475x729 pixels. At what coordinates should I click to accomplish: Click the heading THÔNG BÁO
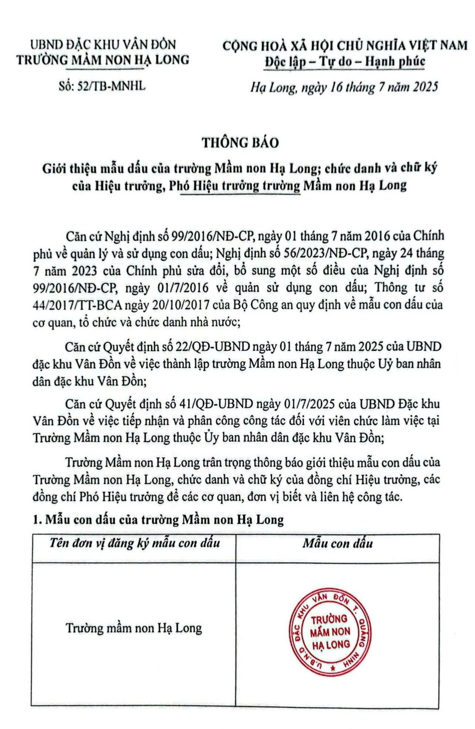(x=240, y=143)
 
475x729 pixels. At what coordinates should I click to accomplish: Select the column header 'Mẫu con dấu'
(x=337, y=543)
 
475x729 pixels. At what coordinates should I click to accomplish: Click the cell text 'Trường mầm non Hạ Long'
(x=134, y=628)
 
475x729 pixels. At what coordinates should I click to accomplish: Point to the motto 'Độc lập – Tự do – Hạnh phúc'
(x=345, y=61)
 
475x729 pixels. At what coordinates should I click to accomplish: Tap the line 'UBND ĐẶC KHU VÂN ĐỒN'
(x=103, y=45)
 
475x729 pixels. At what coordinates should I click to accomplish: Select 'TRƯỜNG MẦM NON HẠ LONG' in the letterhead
(x=103, y=60)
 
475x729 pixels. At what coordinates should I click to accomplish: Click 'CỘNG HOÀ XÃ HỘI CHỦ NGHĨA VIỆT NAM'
(x=345, y=45)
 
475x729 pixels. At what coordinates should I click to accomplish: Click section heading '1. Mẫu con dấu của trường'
(x=158, y=520)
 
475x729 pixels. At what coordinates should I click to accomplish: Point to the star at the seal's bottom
(x=333, y=668)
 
